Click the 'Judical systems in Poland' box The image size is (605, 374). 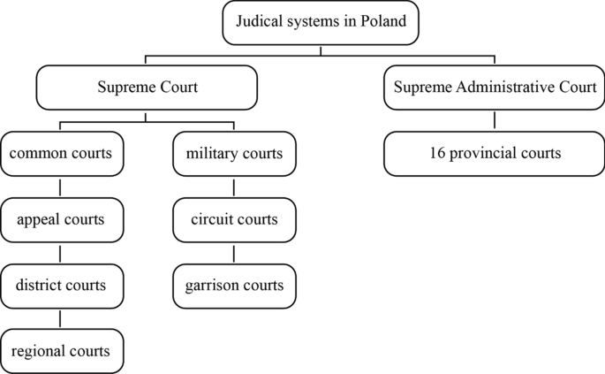click(320, 23)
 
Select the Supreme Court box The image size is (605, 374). click(146, 88)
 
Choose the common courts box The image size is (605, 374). click(61, 154)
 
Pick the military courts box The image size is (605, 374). click(234, 154)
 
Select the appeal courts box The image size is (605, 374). click(61, 219)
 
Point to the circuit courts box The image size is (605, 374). click(234, 219)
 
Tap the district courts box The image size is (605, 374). click(61, 286)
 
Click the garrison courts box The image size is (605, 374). click(234, 286)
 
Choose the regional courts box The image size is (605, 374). click(61, 351)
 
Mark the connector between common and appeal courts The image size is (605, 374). click(61, 187)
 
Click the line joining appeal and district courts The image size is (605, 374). click(61, 253)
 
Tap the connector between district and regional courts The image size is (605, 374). click(61, 318)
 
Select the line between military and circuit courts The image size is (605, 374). click(234, 187)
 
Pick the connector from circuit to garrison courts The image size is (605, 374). click(234, 253)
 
